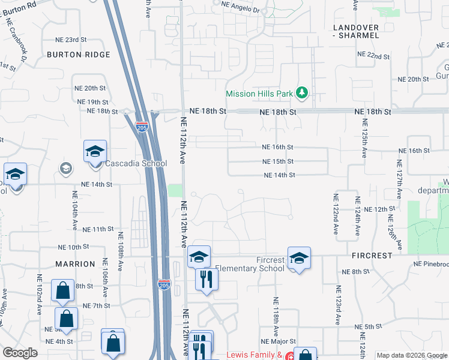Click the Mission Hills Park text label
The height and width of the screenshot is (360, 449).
(259, 94)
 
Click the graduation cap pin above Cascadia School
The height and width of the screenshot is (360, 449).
(95, 152)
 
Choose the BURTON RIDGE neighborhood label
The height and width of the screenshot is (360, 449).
(79, 55)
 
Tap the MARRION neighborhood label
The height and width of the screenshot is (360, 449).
(76, 264)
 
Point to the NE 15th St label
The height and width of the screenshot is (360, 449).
(278, 161)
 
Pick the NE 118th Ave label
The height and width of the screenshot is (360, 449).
(276, 316)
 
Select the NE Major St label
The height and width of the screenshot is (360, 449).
(279, 341)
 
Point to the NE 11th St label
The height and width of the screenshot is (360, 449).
(98, 229)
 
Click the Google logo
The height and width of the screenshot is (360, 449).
(20, 353)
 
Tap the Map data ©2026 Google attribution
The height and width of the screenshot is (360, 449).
(412, 355)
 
